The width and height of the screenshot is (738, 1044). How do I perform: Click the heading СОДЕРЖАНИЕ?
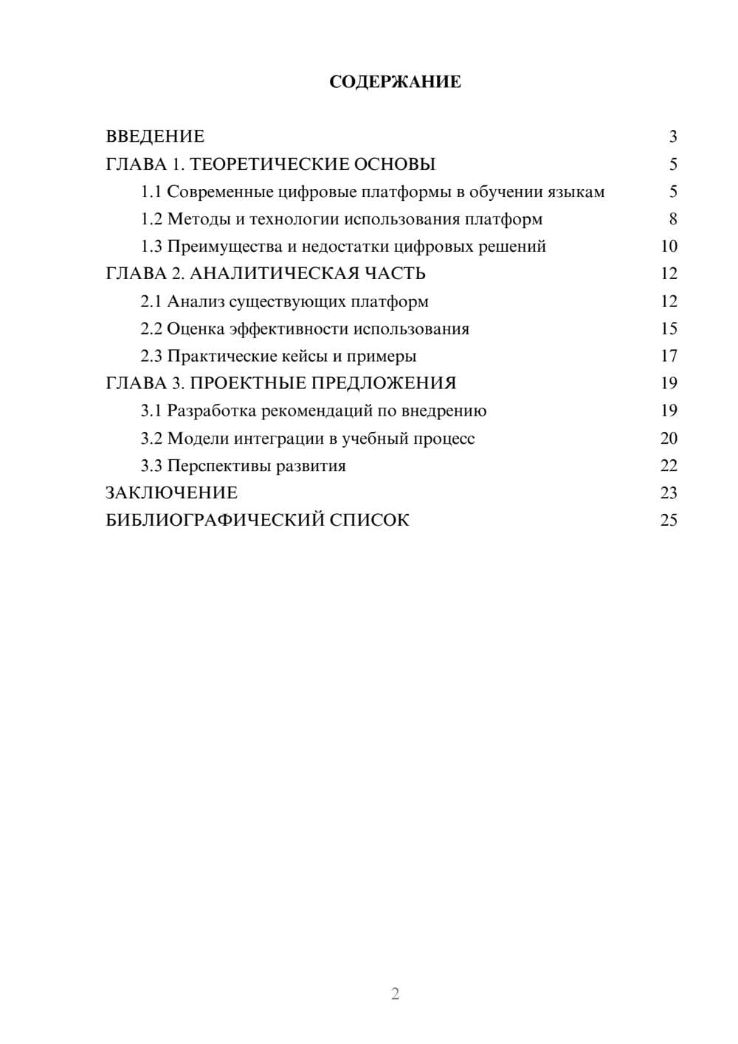(x=395, y=82)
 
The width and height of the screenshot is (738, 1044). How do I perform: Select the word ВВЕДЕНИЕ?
(x=155, y=137)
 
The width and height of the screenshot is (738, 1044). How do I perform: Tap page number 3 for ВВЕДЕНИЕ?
(x=672, y=137)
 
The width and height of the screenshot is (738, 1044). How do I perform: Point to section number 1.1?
(x=151, y=192)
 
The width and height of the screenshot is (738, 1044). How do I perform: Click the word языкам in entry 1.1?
(x=576, y=192)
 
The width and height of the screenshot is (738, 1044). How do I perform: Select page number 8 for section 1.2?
(x=672, y=219)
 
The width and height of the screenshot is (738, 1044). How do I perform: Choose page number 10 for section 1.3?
(x=669, y=247)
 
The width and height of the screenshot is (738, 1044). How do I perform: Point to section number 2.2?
(x=151, y=329)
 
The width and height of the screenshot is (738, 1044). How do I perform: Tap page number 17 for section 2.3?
(x=669, y=356)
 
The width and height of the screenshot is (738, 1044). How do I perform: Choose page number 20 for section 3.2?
(x=669, y=439)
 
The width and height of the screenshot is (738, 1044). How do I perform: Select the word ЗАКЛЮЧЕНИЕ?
(x=171, y=493)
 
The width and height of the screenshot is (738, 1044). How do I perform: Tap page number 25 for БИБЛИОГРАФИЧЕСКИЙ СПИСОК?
(x=669, y=521)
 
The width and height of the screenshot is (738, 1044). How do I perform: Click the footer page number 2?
(x=395, y=994)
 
